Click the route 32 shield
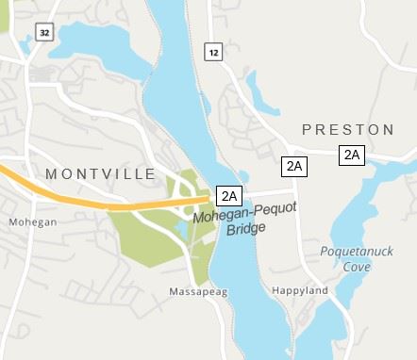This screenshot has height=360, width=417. [44, 32]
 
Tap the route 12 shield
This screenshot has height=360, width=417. [214, 53]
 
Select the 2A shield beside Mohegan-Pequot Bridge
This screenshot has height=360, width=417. [229, 196]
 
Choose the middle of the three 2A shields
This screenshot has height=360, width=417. [294, 166]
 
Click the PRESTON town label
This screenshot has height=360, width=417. [347, 129]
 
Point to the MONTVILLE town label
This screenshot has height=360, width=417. [101, 174]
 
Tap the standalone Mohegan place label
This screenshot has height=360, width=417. [33, 222]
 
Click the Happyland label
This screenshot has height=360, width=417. [299, 291]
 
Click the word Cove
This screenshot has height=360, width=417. [356, 267]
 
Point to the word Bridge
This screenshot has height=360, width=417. [247, 228]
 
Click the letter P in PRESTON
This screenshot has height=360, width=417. [307, 129]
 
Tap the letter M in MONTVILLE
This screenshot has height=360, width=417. [52, 174]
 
